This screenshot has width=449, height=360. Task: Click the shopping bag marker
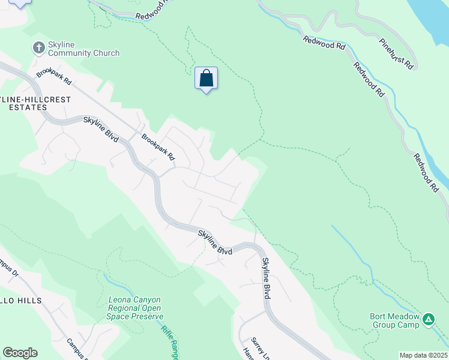[x=206, y=78]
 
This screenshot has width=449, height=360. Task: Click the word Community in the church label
[x=70, y=53]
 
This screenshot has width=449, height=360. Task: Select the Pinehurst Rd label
[x=397, y=52]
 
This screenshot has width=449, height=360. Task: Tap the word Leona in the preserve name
[x=120, y=300]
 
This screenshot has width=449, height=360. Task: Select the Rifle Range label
[x=170, y=338]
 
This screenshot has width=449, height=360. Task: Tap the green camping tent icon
[x=429, y=319]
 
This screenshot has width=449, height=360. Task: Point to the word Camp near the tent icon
[x=408, y=325]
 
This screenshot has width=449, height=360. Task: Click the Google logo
[x=20, y=353]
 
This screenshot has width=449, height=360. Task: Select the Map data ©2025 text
[x=423, y=355]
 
